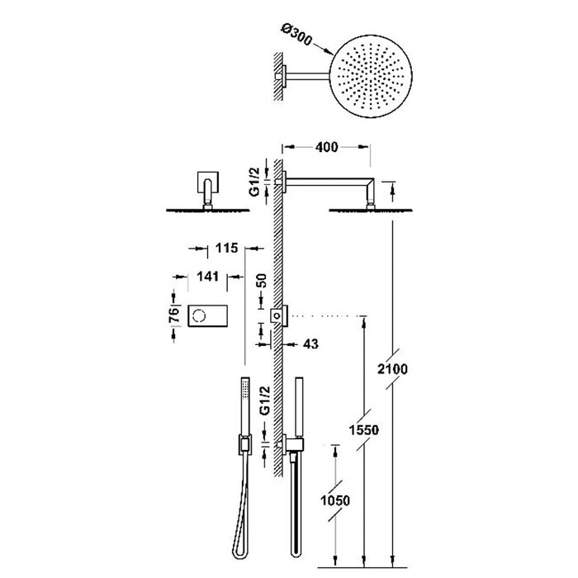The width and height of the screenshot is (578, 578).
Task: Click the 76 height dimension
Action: [174, 316]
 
